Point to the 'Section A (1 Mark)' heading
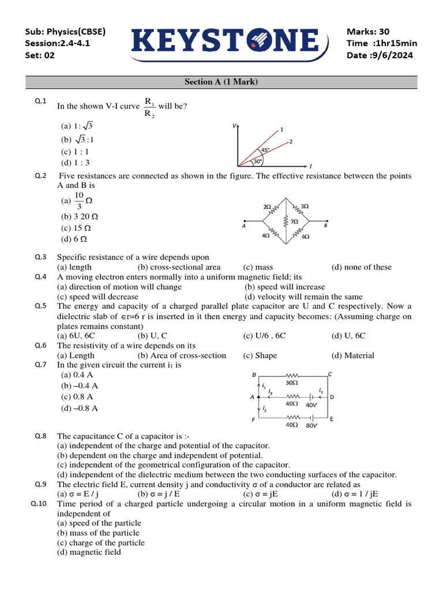tap(221, 82)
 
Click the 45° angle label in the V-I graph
tap(265, 150)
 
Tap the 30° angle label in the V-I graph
tap(258, 162)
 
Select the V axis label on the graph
tap(234, 125)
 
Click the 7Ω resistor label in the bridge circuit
tap(294, 222)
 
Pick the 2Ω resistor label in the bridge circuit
tap(267, 206)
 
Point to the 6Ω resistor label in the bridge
tap(305, 237)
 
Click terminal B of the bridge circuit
tap(325, 226)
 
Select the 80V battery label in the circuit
tap(311, 426)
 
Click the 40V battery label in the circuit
tap(311, 405)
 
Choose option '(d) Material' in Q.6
tap(352, 356)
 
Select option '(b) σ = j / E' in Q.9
tap(159, 494)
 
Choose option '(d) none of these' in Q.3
tap(361, 267)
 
